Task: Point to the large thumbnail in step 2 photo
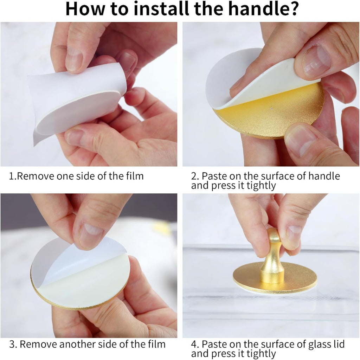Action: pos(317,60)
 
